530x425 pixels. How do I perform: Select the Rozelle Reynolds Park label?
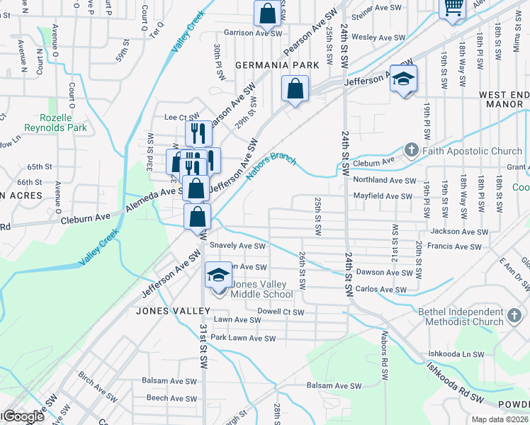click(56, 123)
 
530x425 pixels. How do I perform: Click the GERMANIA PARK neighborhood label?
click(279, 64)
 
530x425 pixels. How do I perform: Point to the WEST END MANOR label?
click(504, 98)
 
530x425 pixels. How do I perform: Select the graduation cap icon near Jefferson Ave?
click(403, 79)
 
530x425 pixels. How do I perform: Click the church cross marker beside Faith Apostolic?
click(411, 150)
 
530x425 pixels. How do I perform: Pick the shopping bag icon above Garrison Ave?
click(268, 13)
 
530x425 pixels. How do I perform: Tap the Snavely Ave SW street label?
click(238, 246)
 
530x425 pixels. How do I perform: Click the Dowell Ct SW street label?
click(281, 312)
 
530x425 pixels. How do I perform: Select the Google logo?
click(23, 416)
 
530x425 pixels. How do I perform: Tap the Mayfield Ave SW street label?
click(383, 196)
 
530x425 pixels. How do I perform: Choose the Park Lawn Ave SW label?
click(242, 339)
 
